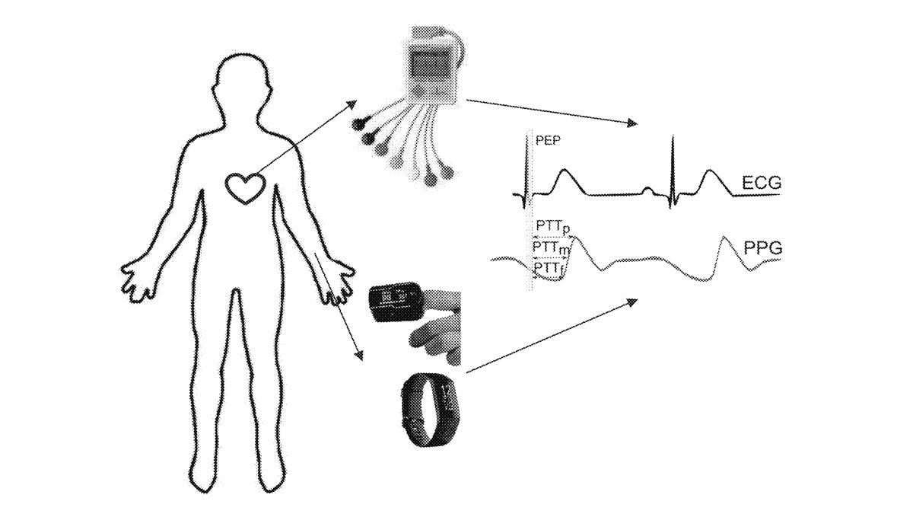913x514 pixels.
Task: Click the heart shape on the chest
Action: [x=245, y=188]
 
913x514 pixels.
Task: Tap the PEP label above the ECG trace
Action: [x=548, y=141]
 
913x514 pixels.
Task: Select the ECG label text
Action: [x=762, y=183]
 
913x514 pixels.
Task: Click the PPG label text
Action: [x=762, y=248]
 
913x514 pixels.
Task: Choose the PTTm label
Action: [x=551, y=248]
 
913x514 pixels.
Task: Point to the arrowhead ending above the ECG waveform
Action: [x=631, y=123]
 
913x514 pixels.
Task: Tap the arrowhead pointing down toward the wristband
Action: [x=358, y=355]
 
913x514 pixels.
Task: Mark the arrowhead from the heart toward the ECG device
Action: [x=352, y=104]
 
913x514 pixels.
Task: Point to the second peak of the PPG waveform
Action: [x=724, y=237]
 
